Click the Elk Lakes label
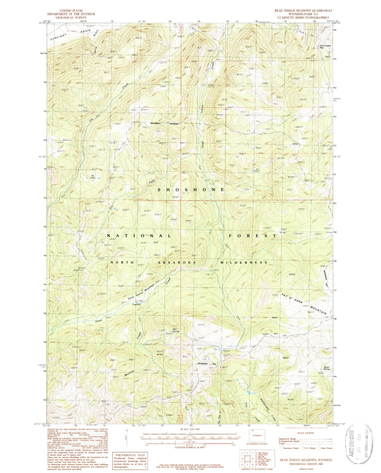coord(93,177)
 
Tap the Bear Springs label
coord(176,330)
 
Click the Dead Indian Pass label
coord(323,47)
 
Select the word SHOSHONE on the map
coord(192,190)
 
